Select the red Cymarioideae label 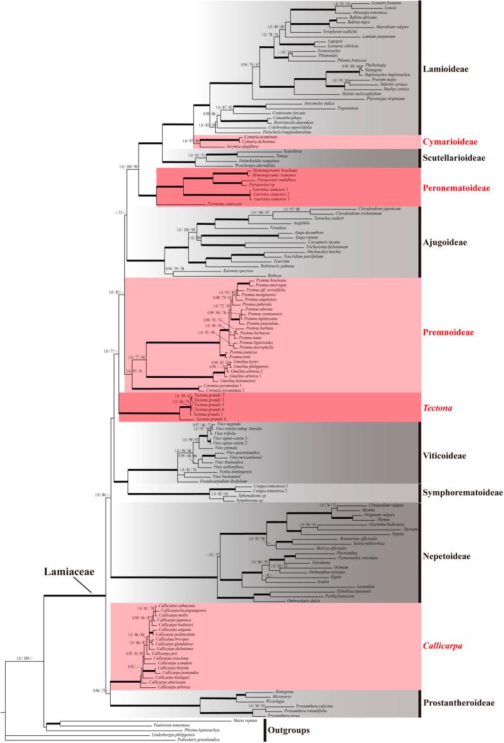point(457,141)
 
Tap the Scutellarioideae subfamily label point(460,158)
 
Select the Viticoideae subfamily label point(453,456)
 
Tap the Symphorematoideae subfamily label point(462,493)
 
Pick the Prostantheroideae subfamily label point(459,703)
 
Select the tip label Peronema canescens point(222,203)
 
